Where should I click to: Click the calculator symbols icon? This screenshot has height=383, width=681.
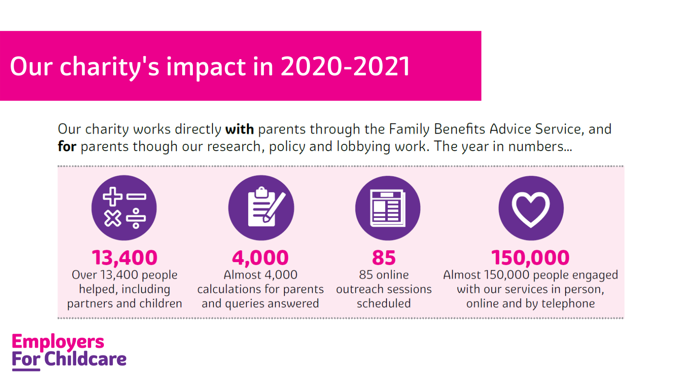[124, 208]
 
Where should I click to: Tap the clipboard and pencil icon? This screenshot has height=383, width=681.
[261, 208]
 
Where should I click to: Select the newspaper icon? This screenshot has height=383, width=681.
[388, 208]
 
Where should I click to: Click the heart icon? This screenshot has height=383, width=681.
[531, 208]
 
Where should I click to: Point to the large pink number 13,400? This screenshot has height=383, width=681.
[125, 258]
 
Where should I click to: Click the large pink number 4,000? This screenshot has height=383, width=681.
[260, 258]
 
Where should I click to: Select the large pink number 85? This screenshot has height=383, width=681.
[383, 258]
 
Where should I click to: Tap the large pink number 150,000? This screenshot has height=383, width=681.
[530, 258]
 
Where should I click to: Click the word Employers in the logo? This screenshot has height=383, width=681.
[58, 341]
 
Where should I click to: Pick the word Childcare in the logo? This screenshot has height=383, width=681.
[85, 359]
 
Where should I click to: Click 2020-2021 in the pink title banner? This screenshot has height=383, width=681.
[345, 66]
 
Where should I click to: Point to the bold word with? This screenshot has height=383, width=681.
[239, 129]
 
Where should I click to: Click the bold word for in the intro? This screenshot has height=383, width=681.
[67, 146]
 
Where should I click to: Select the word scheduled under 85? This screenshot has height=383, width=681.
[383, 303]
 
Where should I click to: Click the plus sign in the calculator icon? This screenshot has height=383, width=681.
[112, 197]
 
